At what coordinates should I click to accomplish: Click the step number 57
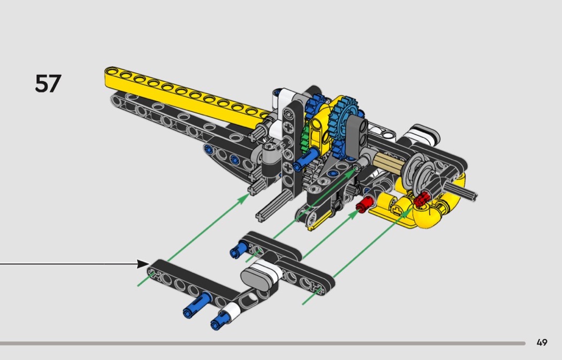(x=48, y=83)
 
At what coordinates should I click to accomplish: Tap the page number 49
(x=542, y=342)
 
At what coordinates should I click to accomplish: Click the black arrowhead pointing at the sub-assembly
(x=143, y=264)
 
